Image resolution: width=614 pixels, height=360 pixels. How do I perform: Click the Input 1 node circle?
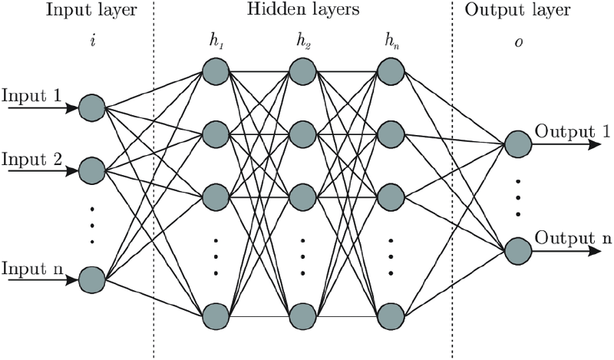(x=92, y=107)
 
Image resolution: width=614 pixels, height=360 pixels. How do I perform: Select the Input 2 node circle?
(x=92, y=170)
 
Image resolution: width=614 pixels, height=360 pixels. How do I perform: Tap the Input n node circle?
(x=92, y=280)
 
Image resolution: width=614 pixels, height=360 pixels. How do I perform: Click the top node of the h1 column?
(x=216, y=71)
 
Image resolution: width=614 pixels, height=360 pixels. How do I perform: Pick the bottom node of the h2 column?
(x=302, y=315)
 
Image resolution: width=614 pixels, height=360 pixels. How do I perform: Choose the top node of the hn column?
(x=391, y=71)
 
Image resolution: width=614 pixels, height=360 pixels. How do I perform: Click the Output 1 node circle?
(x=518, y=144)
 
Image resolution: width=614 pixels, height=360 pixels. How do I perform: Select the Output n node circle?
(x=518, y=251)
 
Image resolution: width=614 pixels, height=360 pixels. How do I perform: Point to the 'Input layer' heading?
(x=91, y=10)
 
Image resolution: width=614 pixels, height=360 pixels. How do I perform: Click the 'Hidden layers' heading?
(x=303, y=8)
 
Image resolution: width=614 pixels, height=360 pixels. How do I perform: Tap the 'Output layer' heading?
(x=517, y=10)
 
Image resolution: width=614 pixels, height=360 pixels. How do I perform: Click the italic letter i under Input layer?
(x=93, y=41)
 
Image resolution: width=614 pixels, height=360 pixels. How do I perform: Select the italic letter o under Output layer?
(x=519, y=42)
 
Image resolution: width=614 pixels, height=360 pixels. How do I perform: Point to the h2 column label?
(x=303, y=42)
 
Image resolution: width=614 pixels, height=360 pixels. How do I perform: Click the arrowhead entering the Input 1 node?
(x=71, y=107)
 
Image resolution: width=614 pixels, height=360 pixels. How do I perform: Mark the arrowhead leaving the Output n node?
(x=594, y=251)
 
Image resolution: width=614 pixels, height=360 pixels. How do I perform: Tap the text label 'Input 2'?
(x=31, y=160)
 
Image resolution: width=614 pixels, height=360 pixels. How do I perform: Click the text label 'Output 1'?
(x=572, y=132)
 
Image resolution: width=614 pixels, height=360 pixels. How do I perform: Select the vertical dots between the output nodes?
(x=518, y=198)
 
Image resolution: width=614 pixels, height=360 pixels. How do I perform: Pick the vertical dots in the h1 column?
(x=216, y=256)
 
